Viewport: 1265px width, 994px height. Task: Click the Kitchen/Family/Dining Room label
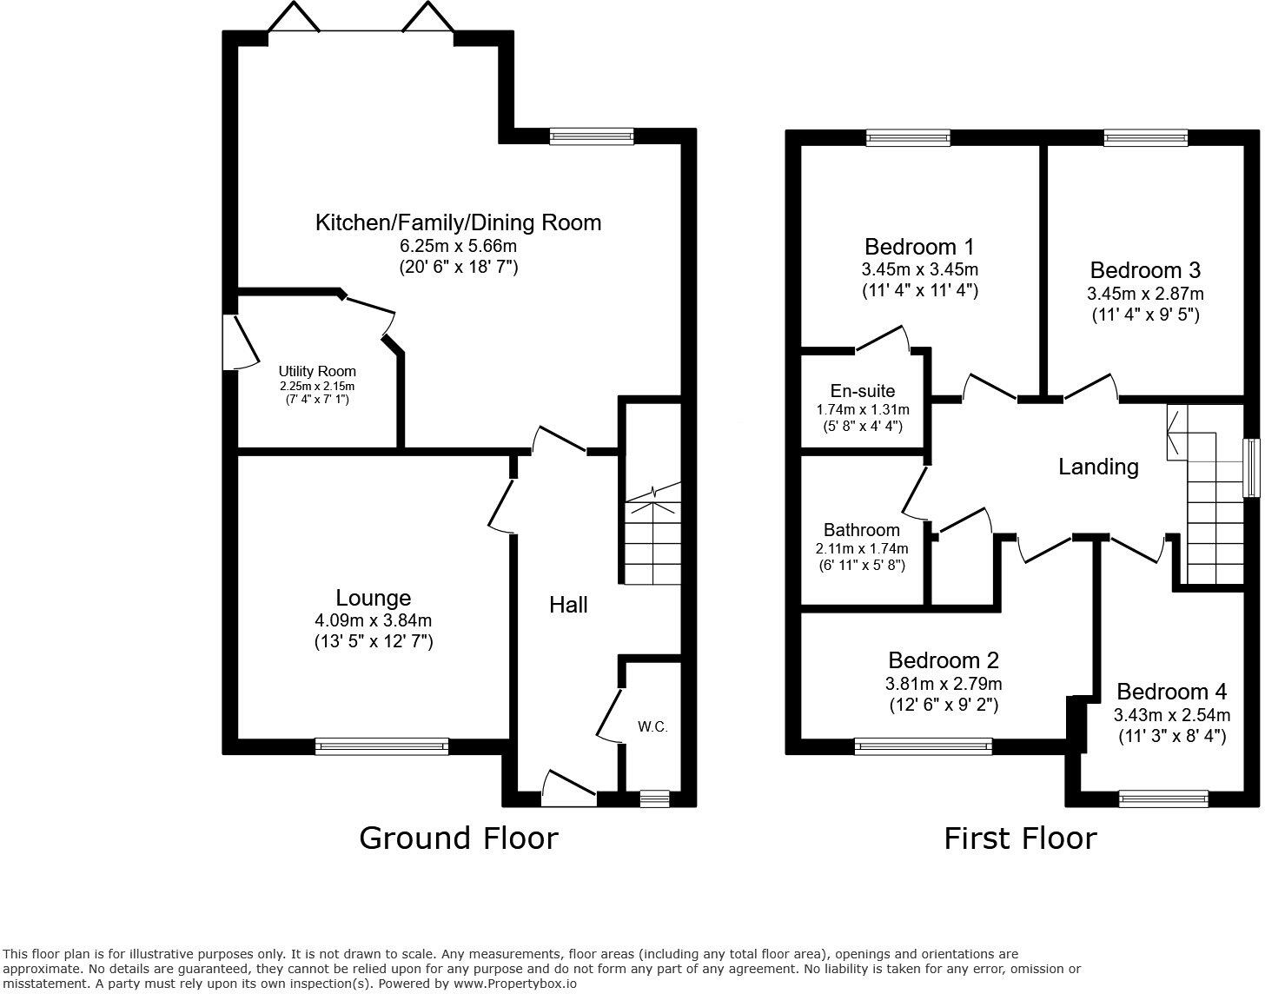coord(458,222)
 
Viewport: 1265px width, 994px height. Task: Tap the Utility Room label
coord(317,371)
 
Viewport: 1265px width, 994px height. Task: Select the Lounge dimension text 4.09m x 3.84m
coord(374,620)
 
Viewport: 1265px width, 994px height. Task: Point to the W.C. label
coord(652,726)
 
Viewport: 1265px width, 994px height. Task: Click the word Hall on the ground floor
coord(568,605)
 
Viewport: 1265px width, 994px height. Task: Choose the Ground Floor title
coord(458,838)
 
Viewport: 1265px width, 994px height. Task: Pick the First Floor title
coord(1020,838)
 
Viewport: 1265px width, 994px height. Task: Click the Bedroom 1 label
coord(919,247)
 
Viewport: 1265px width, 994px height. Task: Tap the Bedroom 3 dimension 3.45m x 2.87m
coord(1145,294)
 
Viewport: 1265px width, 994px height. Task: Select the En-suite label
coord(862,391)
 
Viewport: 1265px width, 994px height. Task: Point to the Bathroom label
coord(862,530)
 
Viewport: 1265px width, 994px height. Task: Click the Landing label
coord(1098,467)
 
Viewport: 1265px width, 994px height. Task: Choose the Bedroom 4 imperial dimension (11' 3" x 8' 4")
coord(1171,737)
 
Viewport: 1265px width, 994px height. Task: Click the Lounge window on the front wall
coord(382,745)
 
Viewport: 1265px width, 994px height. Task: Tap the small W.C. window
coord(654,798)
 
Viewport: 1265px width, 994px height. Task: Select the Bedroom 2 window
coord(923,745)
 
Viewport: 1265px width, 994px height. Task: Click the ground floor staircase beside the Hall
coord(652,539)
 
